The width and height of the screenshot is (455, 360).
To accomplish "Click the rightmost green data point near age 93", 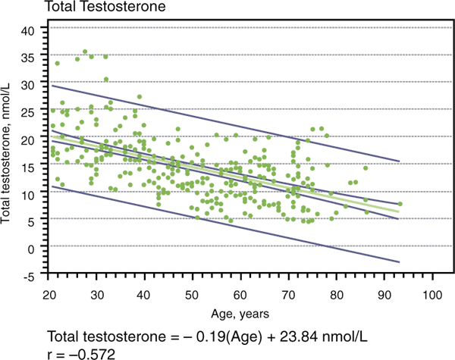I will click(400, 205).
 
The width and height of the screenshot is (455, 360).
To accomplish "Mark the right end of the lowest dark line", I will click(399, 262).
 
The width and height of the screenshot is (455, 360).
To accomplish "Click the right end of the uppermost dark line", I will click(399, 161).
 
